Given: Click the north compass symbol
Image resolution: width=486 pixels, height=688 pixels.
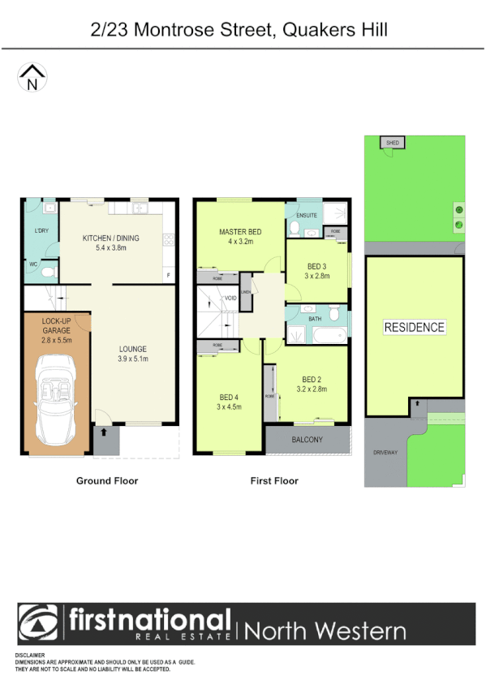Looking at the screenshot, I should pyautogui.click(x=32, y=78).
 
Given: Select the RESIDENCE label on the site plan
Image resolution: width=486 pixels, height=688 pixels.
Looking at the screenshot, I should pyautogui.click(x=415, y=328).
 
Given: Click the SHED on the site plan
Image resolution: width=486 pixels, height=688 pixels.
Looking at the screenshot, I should pyautogui.click(x=394, y=143).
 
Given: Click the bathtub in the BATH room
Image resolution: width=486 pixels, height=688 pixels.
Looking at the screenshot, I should pyautogui.click(x=329, y=334).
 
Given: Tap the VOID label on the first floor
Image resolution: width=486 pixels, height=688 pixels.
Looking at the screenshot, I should pyautogui.click(x=231, y=299).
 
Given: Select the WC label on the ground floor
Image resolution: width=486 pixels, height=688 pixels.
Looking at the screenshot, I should pyautogui.click(x=34, y=264).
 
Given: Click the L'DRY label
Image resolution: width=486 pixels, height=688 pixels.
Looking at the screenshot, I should pyautogui.click(x=41, y=232).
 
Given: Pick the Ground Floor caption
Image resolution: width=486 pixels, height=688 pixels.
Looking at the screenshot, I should pyautogui.click(x=107, y=481).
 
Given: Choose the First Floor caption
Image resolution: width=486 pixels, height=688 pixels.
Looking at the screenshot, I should pyautogui.click(x=274, y=481).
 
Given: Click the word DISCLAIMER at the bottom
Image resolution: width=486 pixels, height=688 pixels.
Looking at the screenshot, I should pyautogui.click(x=30, y=654).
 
